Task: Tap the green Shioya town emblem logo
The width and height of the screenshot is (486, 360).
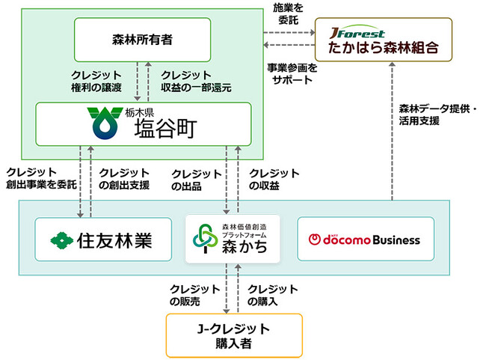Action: pos(104,123)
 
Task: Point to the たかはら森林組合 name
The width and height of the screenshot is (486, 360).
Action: pos(383,50)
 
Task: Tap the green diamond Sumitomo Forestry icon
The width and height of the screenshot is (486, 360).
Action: pos(62,240)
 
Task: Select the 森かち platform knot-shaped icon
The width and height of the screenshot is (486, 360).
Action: pos(204,240)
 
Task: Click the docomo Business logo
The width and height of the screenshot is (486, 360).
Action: pos(365,240)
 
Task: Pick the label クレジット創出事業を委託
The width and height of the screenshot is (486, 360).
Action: pos(36,178)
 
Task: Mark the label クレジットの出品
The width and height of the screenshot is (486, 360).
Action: pos(196,178)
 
